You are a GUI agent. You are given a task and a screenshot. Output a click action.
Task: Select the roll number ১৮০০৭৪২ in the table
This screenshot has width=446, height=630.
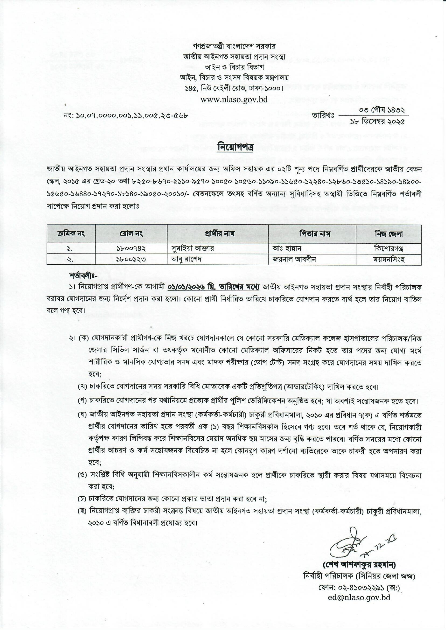131,248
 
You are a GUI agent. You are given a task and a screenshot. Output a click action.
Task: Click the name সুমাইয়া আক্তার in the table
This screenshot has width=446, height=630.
192,248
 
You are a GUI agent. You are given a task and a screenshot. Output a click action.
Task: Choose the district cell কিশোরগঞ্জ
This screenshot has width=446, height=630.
388,248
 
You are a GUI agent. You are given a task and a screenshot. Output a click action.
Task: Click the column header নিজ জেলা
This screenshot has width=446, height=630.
388,234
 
